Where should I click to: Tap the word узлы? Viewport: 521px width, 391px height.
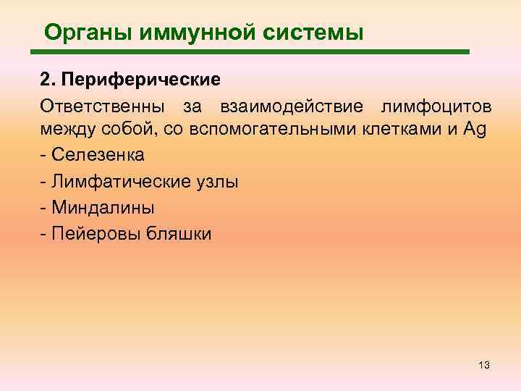coord(218,182)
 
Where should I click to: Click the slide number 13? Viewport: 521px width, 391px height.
coord(484,366)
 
